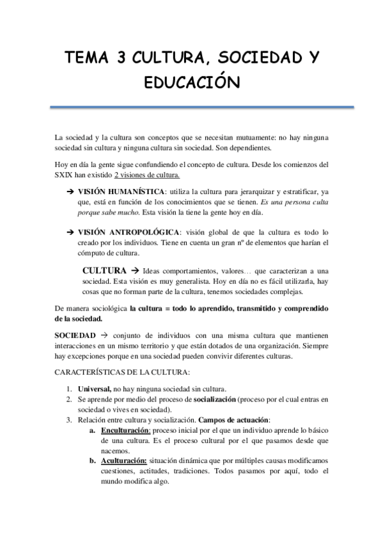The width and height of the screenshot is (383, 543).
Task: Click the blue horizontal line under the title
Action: point(191,108)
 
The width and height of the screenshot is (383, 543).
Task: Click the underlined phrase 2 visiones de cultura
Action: point(147,175)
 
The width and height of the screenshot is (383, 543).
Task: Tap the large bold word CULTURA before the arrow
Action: point(105,270)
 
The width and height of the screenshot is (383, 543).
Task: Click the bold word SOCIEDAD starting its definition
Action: point(75,336)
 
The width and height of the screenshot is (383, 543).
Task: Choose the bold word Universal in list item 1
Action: point(94,389)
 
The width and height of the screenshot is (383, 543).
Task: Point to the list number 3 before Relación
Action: point(70,419)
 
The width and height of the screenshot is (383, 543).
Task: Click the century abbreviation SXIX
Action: point(65,175)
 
